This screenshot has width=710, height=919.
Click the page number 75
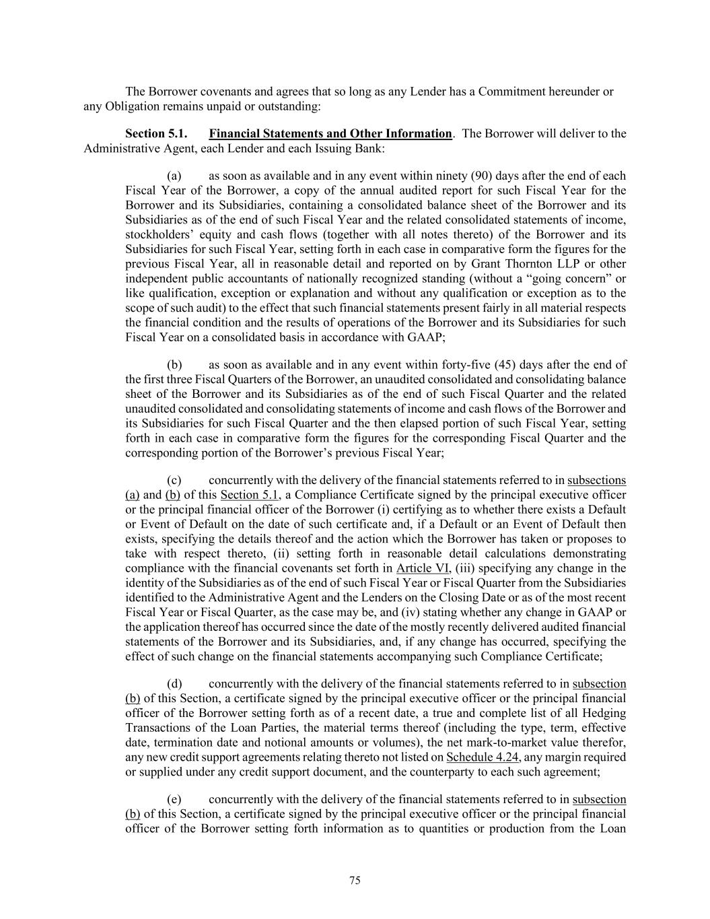pyautogui.click(x=355, y=881)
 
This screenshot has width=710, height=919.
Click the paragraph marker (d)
pyautogui.click(x=174, y=684)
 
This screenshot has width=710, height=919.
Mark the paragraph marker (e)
pyautogui.click(x=174, y=800)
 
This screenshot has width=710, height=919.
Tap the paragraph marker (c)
pyautogui.click(x=174, y=481)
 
